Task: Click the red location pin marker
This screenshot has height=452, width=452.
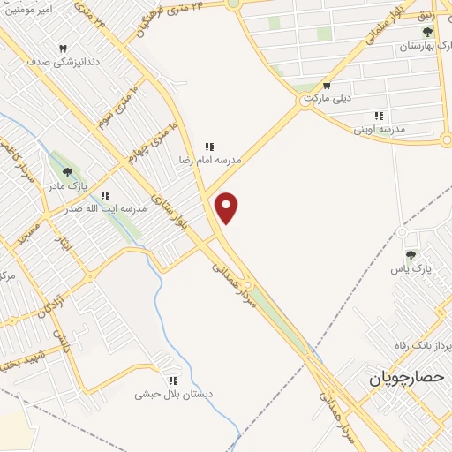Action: pyautogui.click(x=228, y=207)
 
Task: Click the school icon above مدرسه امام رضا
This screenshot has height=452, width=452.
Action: pyautogui.click(x=209, y=147)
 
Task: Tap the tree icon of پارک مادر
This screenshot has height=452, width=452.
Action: pyautogui.click(x=66, y=170)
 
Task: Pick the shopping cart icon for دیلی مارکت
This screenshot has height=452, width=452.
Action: pyautogui.click(x=327, y=86)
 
